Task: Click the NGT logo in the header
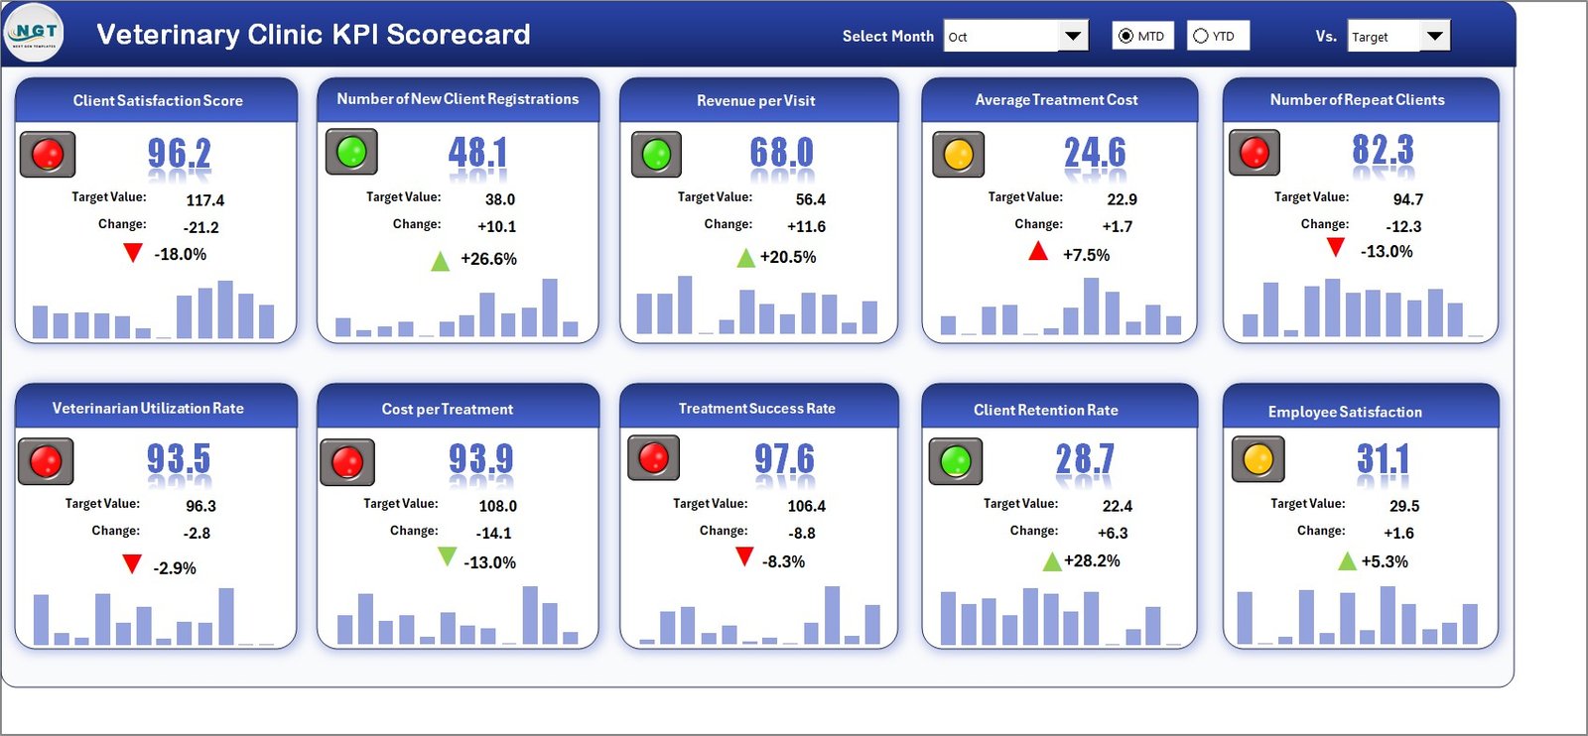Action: coord(35,33)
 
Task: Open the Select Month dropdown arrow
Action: coord(1072,37)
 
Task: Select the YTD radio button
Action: coord(1201,36)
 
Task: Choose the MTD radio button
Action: coord(1125,36)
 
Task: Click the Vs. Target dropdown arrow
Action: coord(1434,37)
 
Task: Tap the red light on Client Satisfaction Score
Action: coord(48,154)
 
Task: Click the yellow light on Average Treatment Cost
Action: coord(958,155)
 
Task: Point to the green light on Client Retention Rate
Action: coord(955,461)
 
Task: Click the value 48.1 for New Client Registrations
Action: coord(477,153)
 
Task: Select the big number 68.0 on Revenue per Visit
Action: coord(781,153)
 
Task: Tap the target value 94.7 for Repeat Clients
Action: coord(1407,199)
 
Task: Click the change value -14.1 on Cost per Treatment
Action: coord(493,533)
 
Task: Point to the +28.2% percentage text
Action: coord(1092,560)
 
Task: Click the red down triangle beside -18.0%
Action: coord(132,253)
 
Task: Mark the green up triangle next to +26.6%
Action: coord(440,262)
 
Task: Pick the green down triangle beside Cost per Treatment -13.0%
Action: coord(447,556)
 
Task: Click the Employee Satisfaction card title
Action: coord(1345,412)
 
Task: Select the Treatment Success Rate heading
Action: coord(756,409)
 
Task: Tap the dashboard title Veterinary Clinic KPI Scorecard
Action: coord(313,35)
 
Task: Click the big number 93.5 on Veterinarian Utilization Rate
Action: coord(179,458)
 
